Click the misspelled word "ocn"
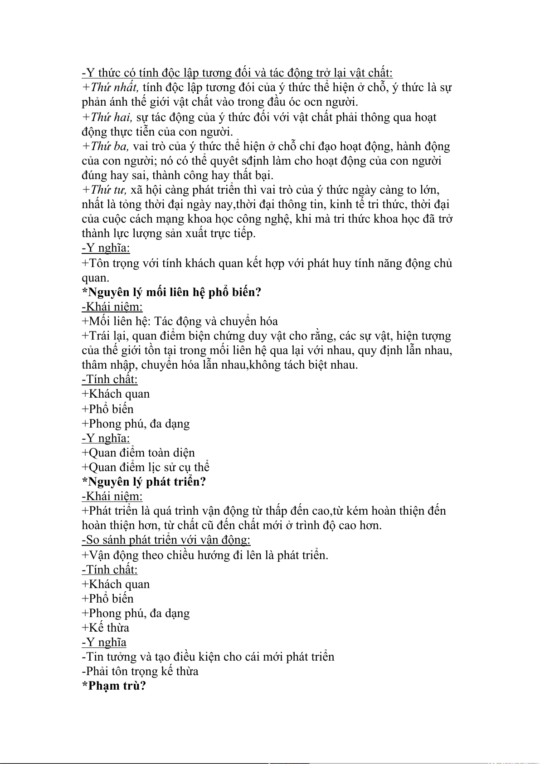click(x=313, y=102)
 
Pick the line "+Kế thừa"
click(x=106, y=628)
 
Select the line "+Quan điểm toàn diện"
click(x=138, y=453)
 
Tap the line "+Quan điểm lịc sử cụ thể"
click(x=146, y=467)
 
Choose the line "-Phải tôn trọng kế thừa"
click(x=140, y=671)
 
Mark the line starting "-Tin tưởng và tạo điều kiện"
click(x=208, y=657)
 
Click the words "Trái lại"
click(x=107, y=336)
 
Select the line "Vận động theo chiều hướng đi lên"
click(x=204, y=555)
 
